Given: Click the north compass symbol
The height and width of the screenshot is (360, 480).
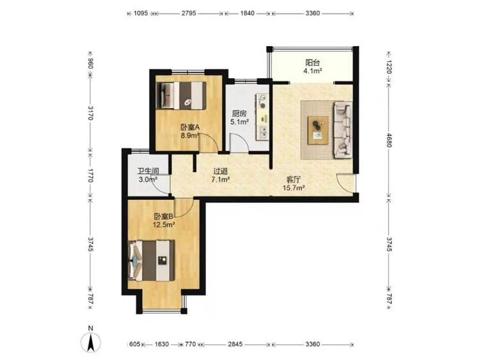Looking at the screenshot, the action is click(x=90, y=341).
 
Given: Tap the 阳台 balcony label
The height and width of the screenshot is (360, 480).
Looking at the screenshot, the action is click(x=312, y=63).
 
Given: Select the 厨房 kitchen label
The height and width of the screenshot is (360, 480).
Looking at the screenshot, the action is click(x=239, y=113).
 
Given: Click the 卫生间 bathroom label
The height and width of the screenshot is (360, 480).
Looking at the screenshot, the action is click(x=148, y=171).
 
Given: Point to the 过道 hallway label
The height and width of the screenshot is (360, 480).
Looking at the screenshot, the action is click(x=220, y=171).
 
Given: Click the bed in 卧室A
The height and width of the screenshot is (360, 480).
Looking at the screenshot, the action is click(x=180, y=95).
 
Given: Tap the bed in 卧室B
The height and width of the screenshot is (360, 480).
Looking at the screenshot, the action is click(x=151, y=261).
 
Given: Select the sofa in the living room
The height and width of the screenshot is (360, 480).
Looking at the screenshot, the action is click(x=343, y=130).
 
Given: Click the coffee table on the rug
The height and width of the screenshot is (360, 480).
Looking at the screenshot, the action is click(x=318, y=130).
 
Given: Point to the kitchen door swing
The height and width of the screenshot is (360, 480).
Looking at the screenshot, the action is click(x=239, y=142).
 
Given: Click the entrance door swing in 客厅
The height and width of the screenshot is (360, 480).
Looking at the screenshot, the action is click(x=346, y=183).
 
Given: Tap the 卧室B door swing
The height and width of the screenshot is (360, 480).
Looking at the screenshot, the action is click(x=184, y=208).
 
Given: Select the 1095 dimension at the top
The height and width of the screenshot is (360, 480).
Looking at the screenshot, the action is click(x=141, y=13).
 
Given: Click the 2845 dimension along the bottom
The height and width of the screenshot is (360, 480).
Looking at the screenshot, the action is click(x=235, y=345).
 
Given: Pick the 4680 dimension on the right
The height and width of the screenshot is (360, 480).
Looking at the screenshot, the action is click(x=388, y=140).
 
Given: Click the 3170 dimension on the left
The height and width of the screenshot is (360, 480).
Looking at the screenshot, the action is click(x=90, y=113).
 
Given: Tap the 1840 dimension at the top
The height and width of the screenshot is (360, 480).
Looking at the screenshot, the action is click(x=247, y=13).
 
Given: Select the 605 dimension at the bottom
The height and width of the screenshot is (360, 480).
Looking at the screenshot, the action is click(x=134, y=345).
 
